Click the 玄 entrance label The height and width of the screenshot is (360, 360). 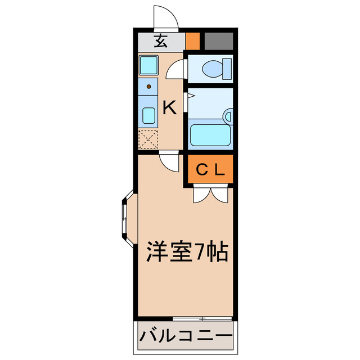[x=161, y=41]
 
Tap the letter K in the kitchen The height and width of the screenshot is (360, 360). [x=170, y=107]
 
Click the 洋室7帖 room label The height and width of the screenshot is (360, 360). [x=187, y=251]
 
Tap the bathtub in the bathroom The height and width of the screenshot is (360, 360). [x=210, y=135]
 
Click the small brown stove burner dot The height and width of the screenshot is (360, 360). [x=148, y=87]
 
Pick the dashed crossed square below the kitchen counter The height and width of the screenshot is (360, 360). [x=148, y=139]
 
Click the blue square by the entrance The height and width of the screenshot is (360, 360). [x=150, y=66]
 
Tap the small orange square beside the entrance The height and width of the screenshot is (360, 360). [x=192, y=41]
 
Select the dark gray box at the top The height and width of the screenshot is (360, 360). [x=218, y=41]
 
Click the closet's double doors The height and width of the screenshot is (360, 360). [x=210, y=195]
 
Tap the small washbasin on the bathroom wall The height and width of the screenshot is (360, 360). [x=228, y=116]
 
